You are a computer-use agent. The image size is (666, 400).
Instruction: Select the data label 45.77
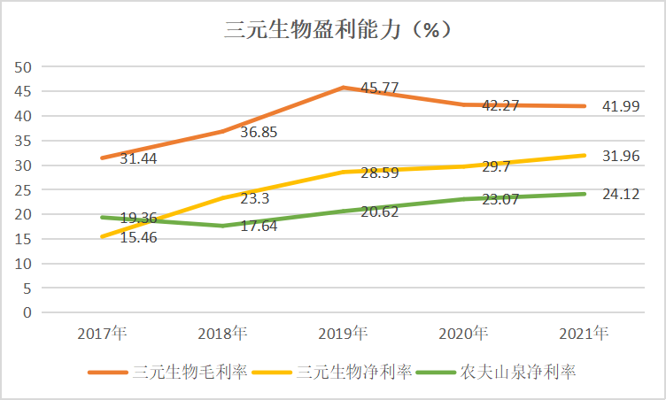click(x=378, y=88)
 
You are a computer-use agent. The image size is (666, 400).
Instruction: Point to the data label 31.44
click(x=141, y=159)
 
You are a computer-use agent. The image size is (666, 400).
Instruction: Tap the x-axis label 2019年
click(x=343, y=334)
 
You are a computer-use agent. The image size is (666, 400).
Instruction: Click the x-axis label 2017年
click(x=102, y=334)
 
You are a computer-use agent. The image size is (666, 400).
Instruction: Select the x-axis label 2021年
click(x=585, y=334)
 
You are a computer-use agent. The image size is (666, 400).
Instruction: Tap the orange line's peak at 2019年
click(x=343, y=88)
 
